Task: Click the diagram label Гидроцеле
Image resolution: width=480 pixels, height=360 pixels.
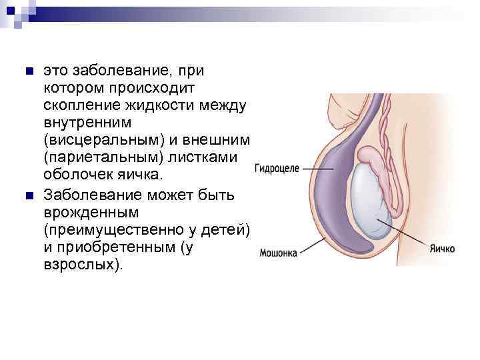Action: (x=277, y=169)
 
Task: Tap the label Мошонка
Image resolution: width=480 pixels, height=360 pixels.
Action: (x=279, y=253)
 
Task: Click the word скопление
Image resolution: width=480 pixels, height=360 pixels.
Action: (x=76, y=105)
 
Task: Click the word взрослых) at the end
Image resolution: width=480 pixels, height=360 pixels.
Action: (x=83, y=265)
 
